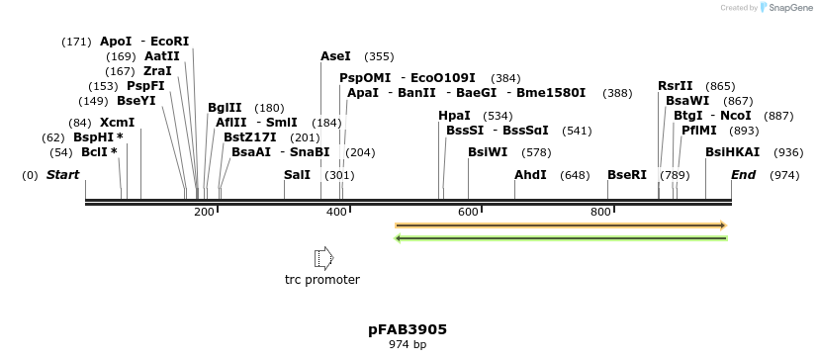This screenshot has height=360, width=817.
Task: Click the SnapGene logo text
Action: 789,8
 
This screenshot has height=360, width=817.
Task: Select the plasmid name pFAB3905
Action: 408,328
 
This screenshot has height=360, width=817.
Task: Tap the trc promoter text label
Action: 322,280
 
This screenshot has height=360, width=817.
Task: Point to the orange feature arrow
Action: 561,225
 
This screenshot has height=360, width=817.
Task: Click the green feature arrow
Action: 561,238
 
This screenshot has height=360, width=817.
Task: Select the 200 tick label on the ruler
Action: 204,212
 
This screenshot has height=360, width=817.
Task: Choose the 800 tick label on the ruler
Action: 600,212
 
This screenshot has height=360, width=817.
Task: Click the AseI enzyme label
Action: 335,56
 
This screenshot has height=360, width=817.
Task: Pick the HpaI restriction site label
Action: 454,116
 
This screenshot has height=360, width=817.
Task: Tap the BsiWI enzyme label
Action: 488,152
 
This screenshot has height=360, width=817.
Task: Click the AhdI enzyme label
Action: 530,175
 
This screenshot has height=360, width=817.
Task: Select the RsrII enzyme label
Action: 676,86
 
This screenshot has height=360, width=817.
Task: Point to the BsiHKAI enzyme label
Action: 733,152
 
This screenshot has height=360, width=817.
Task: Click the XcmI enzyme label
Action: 117,123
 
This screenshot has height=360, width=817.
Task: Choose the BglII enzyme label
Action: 225,108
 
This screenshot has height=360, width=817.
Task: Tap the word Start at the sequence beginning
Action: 62,175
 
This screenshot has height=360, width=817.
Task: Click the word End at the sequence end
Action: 743,175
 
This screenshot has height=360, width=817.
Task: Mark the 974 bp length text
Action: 408,344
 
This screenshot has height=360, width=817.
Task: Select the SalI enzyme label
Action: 297,175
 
